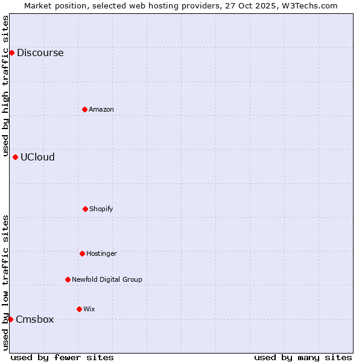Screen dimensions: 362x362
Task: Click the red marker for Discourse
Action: (x=11, y=52)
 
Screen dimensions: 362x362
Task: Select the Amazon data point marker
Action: (x=84, y=109)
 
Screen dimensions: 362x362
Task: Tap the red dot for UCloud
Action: (x=15, y=157)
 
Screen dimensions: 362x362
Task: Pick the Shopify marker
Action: (x=85, y=209)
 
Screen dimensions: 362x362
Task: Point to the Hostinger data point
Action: (x=82, y=253)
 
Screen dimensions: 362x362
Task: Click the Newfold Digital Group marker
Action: (x=68, y=279)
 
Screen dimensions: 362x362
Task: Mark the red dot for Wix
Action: (x=79, y=309)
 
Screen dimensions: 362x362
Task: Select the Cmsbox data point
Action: (x=10, y=319)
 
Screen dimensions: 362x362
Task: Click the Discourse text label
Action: (x=40, y=52)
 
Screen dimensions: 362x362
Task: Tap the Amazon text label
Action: (x=101, y=109)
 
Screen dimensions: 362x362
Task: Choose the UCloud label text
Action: (x=37, y=157)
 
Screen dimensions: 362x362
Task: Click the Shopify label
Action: (x=101, y=209)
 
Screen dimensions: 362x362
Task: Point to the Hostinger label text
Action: (x=101, y=253)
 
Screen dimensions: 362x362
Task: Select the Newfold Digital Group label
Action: (x=107, y=279)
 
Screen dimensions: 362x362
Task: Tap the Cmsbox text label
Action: (x=34, y=319)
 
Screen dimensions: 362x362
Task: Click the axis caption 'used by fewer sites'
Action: (x=62, y=357)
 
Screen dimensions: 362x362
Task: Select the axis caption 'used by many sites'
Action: (x=303, y=357)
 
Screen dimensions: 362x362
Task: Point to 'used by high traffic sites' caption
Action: (x=5, y=86)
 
